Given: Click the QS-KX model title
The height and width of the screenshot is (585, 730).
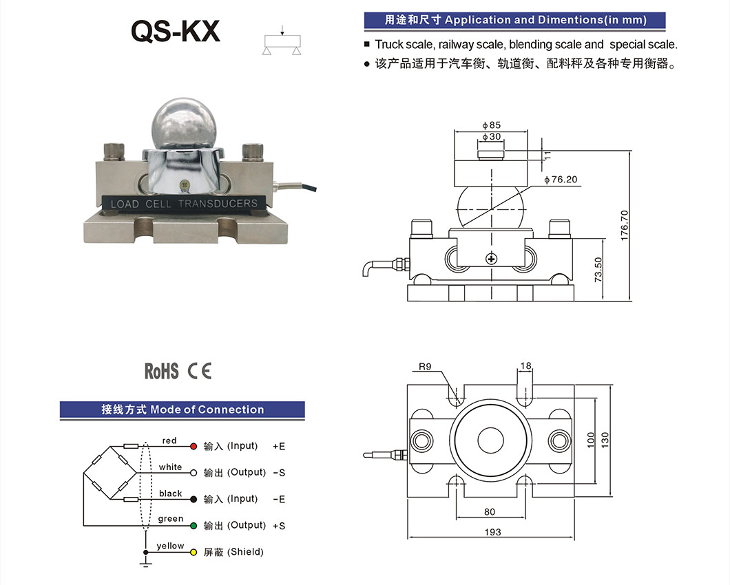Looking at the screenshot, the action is pyautogui.click(x=175, y=32).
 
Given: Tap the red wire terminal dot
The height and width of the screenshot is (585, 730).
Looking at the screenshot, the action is pyautogui.click(x=194, y=446).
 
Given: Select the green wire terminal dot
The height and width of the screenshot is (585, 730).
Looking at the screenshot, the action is pyautogui.click(x=194, y=526).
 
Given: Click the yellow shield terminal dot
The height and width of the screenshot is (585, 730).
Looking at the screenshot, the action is pyautogui.click(x=194, y=553).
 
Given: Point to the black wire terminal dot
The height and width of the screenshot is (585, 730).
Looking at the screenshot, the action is pyautogui.click(x=194, y=500).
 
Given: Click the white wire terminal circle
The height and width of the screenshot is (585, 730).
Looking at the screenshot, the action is pyautogui.click(x=194, y=473).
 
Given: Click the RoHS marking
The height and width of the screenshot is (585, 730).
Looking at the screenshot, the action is pyautogui.click(x=162, y=371).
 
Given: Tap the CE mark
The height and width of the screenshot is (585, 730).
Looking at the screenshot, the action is pyautogui.click(x=200, y=371).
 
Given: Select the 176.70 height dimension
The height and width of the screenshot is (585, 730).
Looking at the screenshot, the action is pyautogui.click(x=625, y=225).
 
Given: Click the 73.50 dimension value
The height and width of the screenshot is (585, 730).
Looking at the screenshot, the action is pyautogui.click(x=598, y=270).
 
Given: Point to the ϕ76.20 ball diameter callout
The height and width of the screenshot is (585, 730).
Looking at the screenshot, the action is pyautogui.click(x=561, y=180).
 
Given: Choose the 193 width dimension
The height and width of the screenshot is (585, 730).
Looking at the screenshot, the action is pyautogui.click(x=492, y=532).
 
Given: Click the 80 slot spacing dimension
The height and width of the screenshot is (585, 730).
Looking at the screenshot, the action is pyautogui.click(x=490, y=512).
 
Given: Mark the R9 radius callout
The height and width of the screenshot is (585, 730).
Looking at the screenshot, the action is pyautogui.click(x=425, y=367).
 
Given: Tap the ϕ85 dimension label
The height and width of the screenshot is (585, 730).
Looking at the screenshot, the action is pyautogui.click(x=492, y=125).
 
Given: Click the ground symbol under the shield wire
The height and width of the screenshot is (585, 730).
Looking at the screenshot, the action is pyautogui.click(x=146, y=564).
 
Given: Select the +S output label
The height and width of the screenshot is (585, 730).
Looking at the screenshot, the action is pyautogui.click(x=279, y=526).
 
